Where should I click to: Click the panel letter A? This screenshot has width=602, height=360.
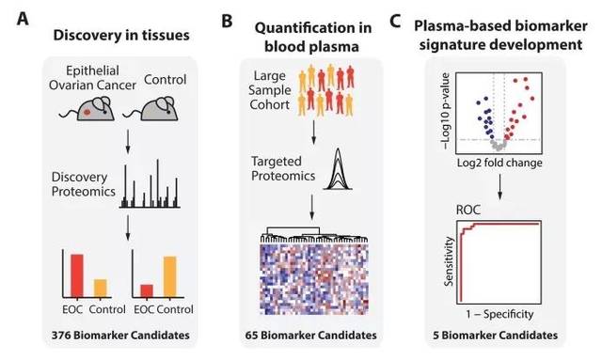coord(23,18)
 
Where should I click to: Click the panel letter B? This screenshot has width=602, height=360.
coord(227,21)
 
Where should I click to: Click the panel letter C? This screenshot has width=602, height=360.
coord(395,21)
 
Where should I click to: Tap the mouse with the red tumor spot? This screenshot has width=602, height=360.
coord(87,109)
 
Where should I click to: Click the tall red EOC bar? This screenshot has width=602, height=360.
coord(77,275)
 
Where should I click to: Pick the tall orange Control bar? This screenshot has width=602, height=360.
coord(170,276)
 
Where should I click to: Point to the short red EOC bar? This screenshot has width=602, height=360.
coord(147,291)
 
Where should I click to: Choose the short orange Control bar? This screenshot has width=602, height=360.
coord(101,289)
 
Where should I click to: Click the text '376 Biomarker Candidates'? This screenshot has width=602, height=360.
coord(120,335)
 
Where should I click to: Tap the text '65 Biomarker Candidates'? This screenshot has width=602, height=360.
coord(311,335)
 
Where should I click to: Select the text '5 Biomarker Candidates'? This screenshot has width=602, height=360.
coord(496,335)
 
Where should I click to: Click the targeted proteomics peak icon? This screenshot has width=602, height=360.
coord(338,169)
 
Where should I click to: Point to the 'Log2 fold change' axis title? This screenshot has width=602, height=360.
coord(499,163)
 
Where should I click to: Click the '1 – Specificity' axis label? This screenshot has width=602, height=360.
coord(499,314)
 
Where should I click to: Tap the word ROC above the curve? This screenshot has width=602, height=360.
coord(468,210)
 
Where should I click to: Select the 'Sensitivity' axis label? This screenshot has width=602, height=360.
coord(449,261)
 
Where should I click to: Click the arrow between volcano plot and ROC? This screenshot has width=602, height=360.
coord(499,187)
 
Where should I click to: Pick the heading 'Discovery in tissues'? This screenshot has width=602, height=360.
coord(121,35)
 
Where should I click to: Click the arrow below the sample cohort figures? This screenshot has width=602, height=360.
coord(313,133)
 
